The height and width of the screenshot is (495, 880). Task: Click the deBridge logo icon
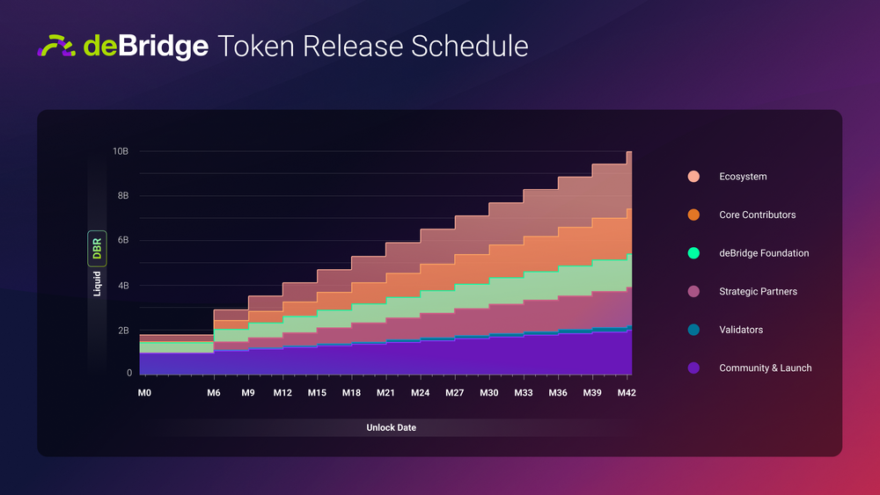57,46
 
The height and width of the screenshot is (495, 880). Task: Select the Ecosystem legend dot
693,177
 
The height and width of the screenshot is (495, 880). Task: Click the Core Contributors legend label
757,215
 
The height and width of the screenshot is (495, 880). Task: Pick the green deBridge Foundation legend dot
693,253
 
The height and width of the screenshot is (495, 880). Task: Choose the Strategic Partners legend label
758,291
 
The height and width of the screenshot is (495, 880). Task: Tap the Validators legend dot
693,330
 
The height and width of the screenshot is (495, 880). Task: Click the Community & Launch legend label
765,368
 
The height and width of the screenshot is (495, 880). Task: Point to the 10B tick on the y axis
121,151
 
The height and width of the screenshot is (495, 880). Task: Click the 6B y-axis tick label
123,240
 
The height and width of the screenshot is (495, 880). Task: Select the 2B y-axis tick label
123,331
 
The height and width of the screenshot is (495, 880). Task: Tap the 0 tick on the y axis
128,373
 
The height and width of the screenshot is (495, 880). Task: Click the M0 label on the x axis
144,393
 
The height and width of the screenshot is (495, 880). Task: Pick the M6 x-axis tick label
214,393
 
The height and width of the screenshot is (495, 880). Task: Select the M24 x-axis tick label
420,393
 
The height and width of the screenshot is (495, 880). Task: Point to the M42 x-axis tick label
625,393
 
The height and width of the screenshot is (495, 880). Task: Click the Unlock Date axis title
391,427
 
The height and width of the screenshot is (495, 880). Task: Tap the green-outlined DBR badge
97,248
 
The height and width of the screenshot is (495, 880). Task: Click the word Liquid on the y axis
97,283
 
